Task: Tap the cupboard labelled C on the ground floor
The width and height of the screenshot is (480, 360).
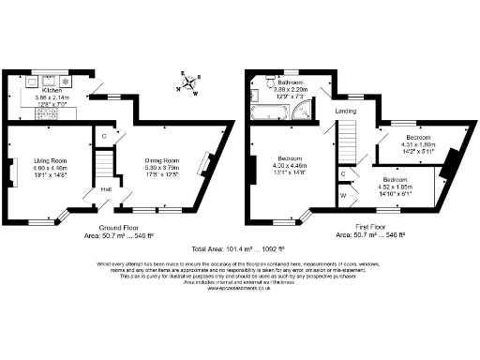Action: pyautogui.click(x=104, y=136)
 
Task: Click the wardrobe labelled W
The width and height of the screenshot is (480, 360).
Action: pyautogui.click(x=343, y=195)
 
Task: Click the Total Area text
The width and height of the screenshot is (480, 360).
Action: pyautogui.click(x=239, y=250)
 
